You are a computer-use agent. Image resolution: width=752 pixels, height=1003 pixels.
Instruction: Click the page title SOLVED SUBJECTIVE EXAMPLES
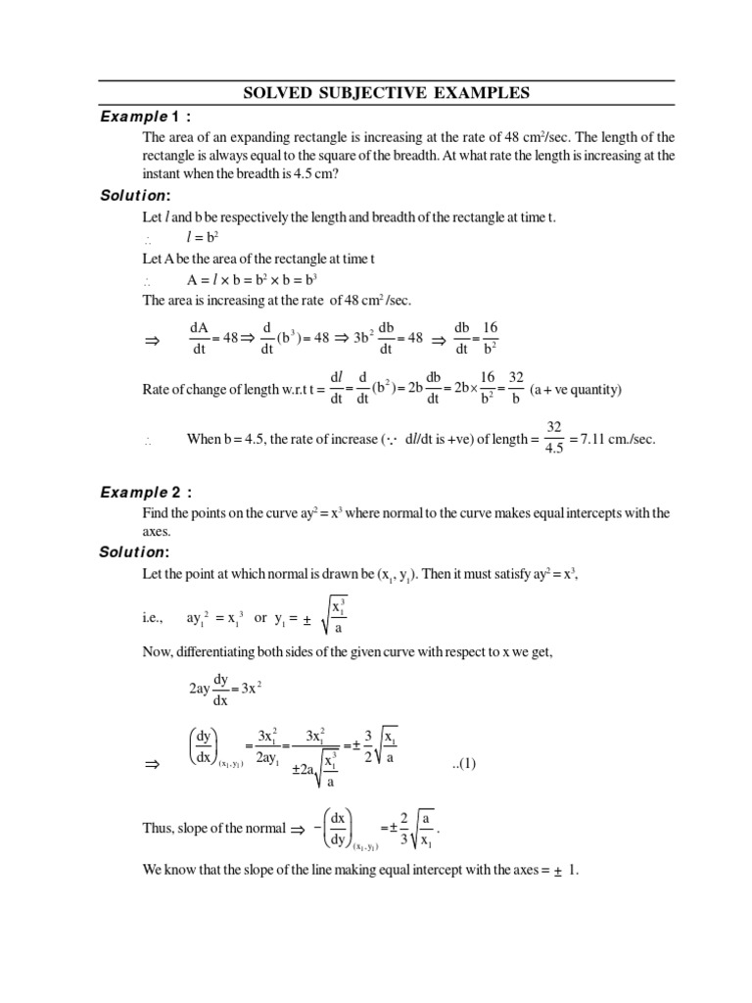386,93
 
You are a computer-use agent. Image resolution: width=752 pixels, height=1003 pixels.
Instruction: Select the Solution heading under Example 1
136,196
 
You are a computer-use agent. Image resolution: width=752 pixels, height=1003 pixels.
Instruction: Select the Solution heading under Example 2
136,552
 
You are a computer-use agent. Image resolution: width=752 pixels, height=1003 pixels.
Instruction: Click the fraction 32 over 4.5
554,440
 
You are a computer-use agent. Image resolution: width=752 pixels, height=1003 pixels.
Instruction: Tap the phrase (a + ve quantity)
576,390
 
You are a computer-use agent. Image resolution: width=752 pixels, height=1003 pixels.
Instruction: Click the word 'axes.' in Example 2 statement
158,532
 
